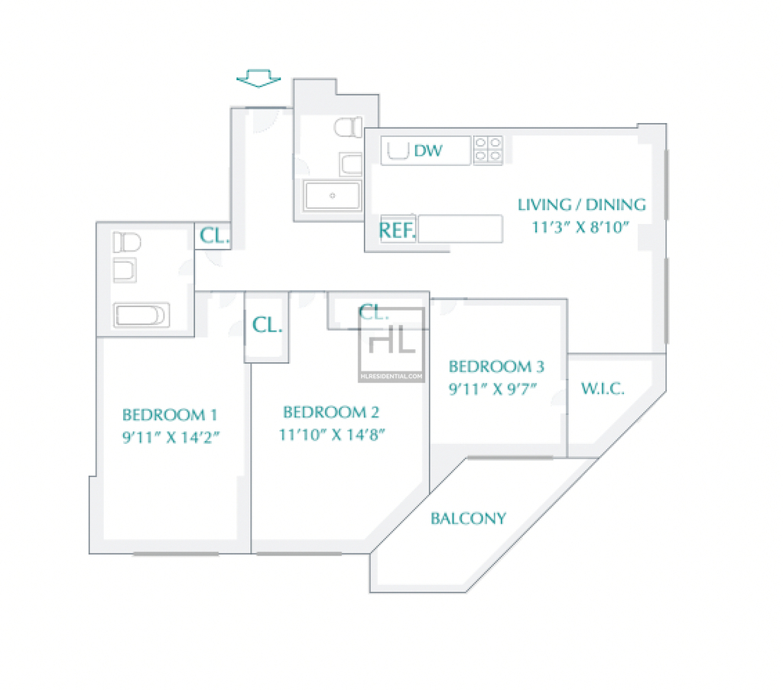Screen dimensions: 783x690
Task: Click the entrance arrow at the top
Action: [258, 79]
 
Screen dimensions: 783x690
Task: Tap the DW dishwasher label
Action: [428, 151]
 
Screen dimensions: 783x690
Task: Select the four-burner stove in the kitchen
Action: [488, 150]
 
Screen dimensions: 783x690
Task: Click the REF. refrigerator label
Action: [398, 231]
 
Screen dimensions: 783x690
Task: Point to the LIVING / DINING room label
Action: [582, 205]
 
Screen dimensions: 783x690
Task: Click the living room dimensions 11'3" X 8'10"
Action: [580, 228]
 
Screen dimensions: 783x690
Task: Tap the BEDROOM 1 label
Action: [170, 415]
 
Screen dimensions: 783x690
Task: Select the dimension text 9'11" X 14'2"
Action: [171, 438]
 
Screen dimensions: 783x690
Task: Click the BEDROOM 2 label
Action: [331, 412]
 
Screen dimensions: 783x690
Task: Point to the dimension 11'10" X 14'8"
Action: [332, 435]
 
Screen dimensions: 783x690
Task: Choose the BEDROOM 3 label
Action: [496, 367]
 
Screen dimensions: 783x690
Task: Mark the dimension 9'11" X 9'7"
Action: [493, 389]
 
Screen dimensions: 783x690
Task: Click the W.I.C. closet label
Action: [603, 389]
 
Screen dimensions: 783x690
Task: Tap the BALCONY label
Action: [469, 519]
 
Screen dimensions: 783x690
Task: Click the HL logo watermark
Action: [391, 345]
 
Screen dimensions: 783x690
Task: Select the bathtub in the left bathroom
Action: [141, 316]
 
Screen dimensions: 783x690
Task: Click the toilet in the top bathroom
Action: [348, 127]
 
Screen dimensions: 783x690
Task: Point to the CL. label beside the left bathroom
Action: [215, 235]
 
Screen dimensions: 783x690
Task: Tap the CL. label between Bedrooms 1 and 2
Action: [267, 326]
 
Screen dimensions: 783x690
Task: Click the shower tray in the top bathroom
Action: [332, 196]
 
